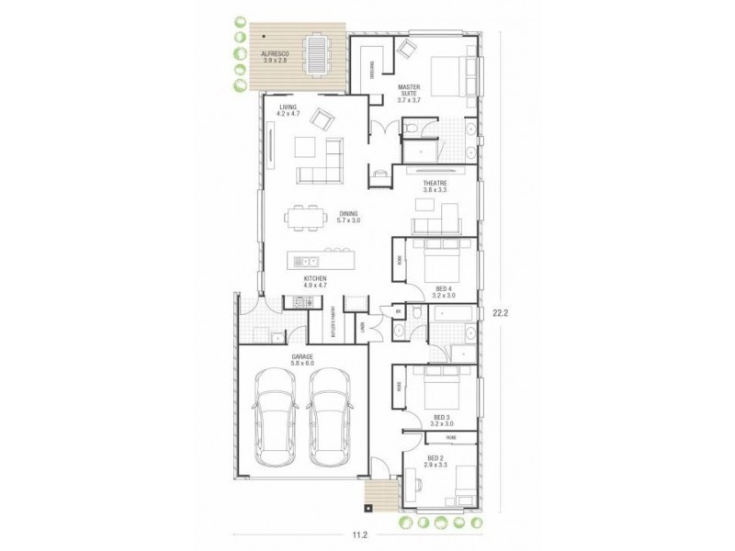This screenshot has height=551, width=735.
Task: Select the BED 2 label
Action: click(435, 462)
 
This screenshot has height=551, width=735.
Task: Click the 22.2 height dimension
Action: click(500, 312)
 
